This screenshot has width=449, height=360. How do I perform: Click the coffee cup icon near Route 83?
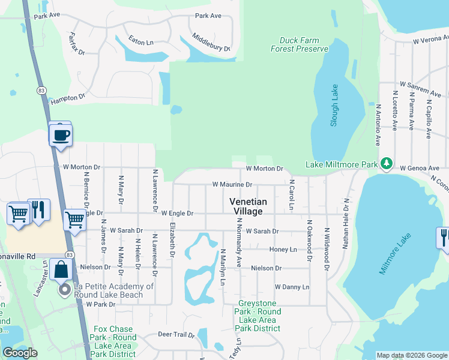tap(60, 135)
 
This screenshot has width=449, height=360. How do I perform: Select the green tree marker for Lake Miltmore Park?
tap(388, 163)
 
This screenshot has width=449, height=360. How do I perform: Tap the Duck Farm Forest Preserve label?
tap(304, 45)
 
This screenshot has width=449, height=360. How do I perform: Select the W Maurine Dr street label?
tap(232, 185)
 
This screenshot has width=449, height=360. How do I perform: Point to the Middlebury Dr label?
tap(211, 42)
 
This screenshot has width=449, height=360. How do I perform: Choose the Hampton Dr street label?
tap(68, 97)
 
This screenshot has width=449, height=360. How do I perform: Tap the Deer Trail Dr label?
tap(176, 334)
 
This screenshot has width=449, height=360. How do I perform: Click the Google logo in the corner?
tap(20, 352)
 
